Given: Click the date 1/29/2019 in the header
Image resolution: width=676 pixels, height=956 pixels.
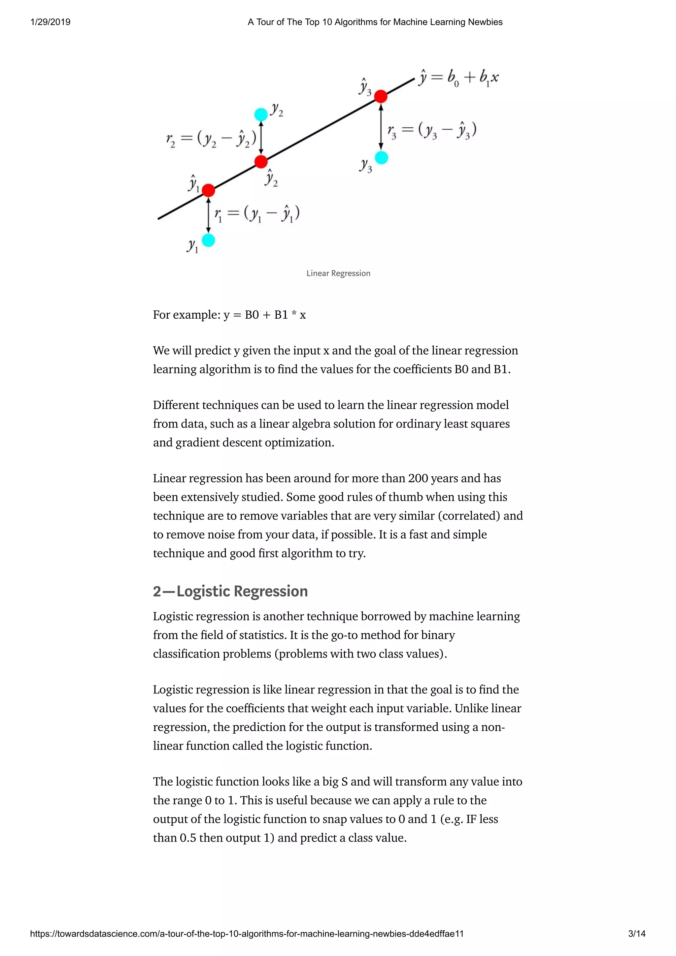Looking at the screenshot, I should click(x=51, y=22).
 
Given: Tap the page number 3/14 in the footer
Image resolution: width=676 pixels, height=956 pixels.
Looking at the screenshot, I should click(x=636, y=934).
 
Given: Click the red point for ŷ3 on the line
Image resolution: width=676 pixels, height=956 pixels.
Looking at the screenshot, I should click(x=381, y=96).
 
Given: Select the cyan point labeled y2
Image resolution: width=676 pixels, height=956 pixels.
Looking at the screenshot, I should click(x=261, y=114).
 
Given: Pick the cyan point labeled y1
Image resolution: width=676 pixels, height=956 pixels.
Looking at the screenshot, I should click(x=208, y=240).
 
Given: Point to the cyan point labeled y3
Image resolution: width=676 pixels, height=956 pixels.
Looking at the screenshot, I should click(x=381, y=158).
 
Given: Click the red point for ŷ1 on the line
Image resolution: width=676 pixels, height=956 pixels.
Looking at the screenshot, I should click(x=208, y=190).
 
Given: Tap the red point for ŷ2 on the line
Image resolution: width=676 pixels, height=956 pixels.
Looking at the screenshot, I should click(x=261, y=162).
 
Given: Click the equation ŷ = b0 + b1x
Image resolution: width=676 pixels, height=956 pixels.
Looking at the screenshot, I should click(x=458, y=78).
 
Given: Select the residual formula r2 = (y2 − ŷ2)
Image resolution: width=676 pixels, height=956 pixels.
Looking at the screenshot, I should click(x=211, y=139).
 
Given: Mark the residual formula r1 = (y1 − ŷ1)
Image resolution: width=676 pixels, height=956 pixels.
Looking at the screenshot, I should click(x=257, y=214).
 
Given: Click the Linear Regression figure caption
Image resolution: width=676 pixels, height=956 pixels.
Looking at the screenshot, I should click(x=338, y=273).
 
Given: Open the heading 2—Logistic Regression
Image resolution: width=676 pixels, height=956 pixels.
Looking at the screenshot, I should click(x=230, y=591).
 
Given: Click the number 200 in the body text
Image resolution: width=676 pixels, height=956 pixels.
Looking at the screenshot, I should click(x=418, y=478).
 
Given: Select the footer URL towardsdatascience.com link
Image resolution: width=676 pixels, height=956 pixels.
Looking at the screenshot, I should click(x=247, y=934).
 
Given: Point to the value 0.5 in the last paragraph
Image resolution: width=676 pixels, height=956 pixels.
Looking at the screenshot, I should click(x=188, y=838).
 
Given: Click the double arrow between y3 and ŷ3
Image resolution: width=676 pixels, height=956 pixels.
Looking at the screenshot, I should click(x=381, y=127).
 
